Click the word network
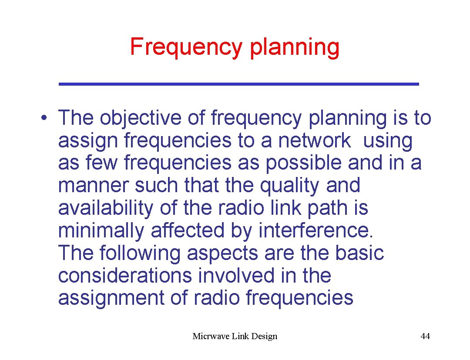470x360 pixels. pos(314,140)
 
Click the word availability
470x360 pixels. pos(105,208)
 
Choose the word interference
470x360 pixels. pos(316,230)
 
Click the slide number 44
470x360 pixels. pos(425,336)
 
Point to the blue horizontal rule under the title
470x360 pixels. pos(238,83)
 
